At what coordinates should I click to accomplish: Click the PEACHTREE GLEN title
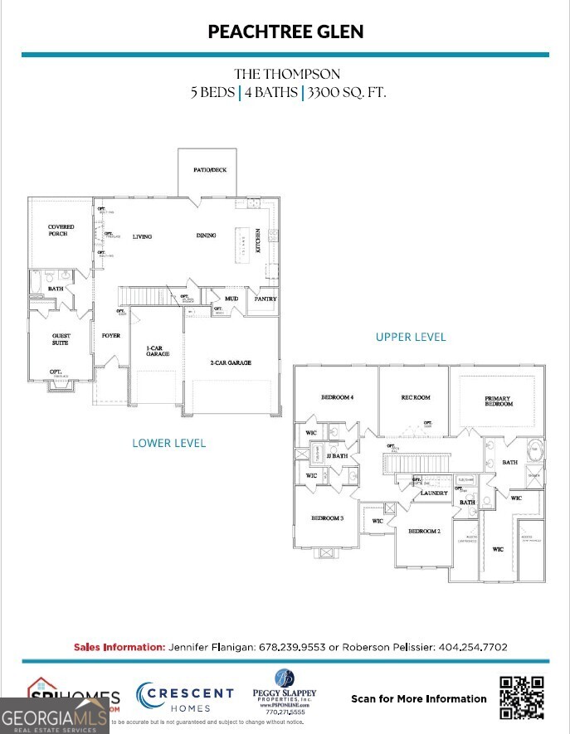(x=285, y=32)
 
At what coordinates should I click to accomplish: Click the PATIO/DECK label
(x=210, y=170)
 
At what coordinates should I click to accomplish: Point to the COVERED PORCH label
(x=61, y=230)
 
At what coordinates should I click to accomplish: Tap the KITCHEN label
(x=258, y=241)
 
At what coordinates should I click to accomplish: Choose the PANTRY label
(x=266, y=299)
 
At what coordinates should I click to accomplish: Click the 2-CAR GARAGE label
(x=230, y=362)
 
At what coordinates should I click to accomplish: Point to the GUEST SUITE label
(x=61, y=339)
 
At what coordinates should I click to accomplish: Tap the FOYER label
(x=111, y=336)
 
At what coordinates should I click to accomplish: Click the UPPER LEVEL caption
(x=411, y=337)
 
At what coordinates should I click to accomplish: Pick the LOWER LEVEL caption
(x=169, y=443)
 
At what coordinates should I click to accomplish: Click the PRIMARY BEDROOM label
(x=498, y=401)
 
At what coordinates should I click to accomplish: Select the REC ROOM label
(x=416, y=398)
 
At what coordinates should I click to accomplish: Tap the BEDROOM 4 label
(x=337, y=398)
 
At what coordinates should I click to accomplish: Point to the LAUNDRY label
(x=434, y=493)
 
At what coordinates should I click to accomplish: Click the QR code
(x=522, y=698)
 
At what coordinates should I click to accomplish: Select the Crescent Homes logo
(x=184, y=698)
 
